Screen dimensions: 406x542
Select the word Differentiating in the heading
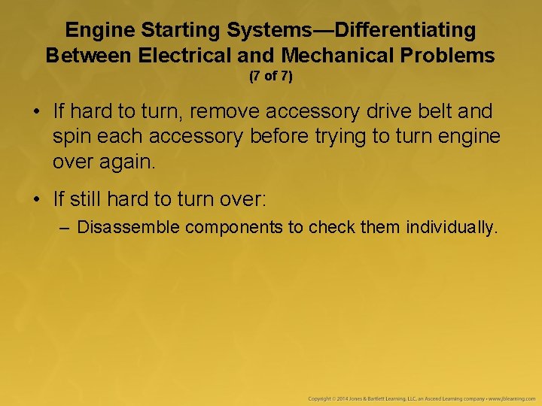tap(405, 30)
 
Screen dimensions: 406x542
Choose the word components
tap(233, 226)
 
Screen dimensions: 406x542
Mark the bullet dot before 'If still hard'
tap(36, 199)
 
